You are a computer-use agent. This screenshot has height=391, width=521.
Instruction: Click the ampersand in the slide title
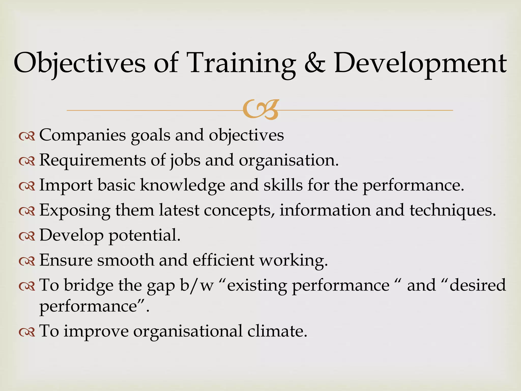315,63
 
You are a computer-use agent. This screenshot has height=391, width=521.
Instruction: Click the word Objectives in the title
79,63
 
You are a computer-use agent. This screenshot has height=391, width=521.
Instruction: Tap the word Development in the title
420,63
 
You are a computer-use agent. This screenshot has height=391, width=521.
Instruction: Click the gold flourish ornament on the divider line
260,110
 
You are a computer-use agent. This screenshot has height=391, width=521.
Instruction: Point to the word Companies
82,135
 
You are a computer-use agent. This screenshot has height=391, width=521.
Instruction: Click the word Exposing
75,210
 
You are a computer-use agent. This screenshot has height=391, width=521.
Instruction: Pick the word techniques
453,210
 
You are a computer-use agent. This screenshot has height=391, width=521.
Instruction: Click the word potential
144,235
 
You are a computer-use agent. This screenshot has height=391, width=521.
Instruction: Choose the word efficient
223,260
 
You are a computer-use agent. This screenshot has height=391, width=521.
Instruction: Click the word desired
477,285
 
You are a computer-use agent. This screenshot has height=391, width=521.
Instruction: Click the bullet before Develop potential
27,236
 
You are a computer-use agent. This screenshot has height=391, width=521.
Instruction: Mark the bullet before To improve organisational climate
27,332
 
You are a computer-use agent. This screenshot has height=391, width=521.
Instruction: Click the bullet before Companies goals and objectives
27,137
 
